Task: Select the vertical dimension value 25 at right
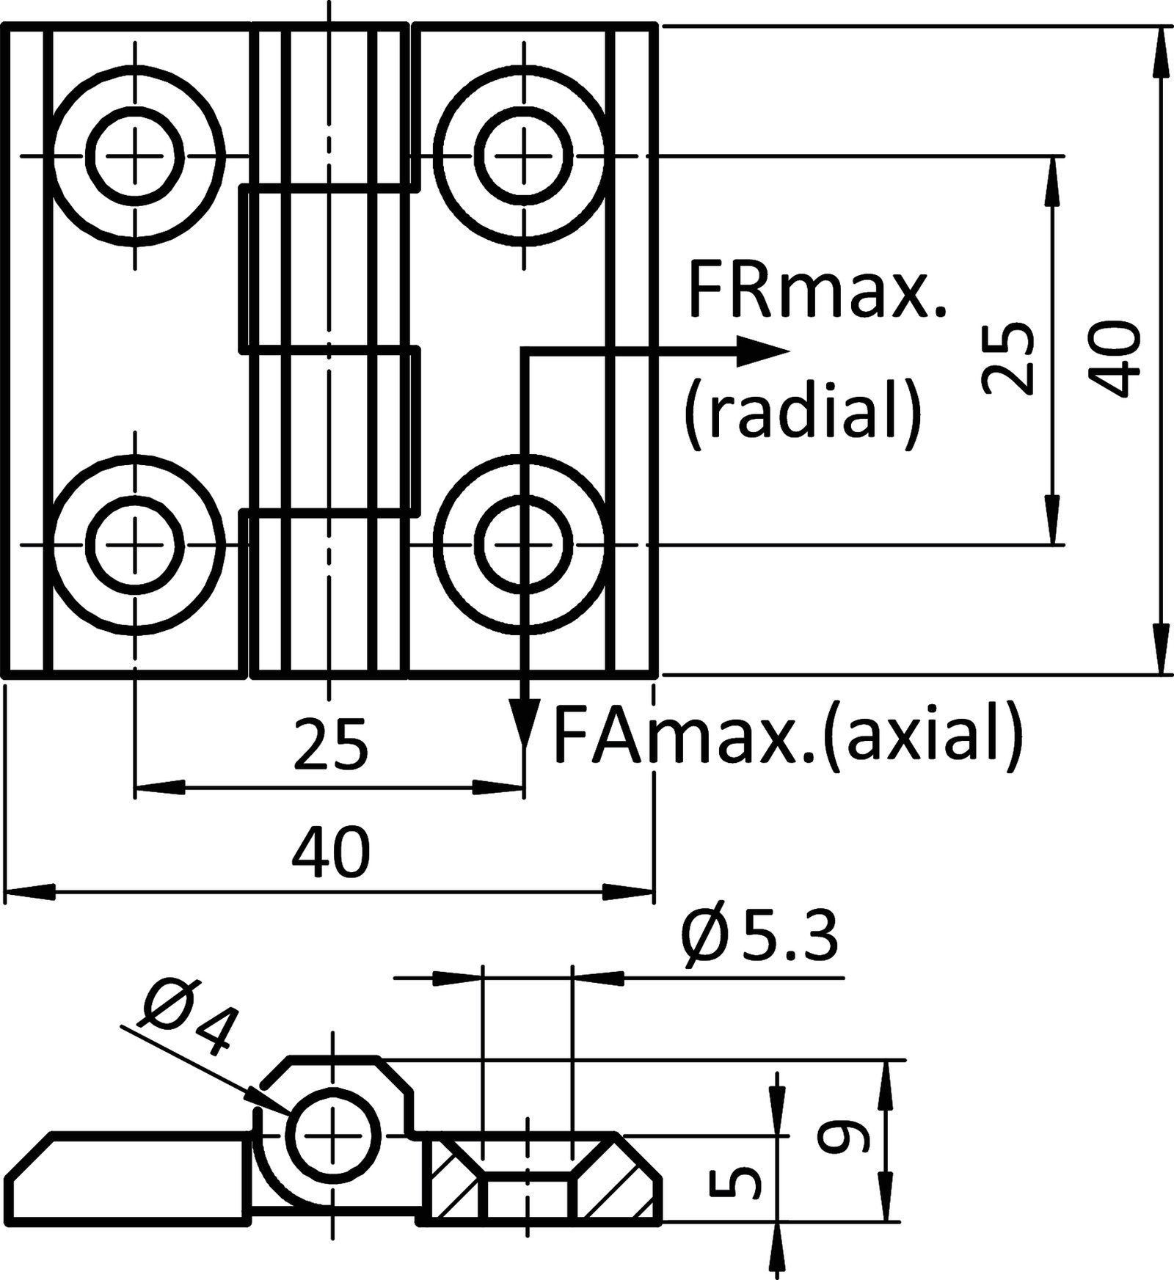(1010, 357)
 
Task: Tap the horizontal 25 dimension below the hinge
(329, 745)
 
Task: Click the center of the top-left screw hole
(134, 156)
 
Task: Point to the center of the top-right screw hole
(524, 156)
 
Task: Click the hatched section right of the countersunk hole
(615, 1191)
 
